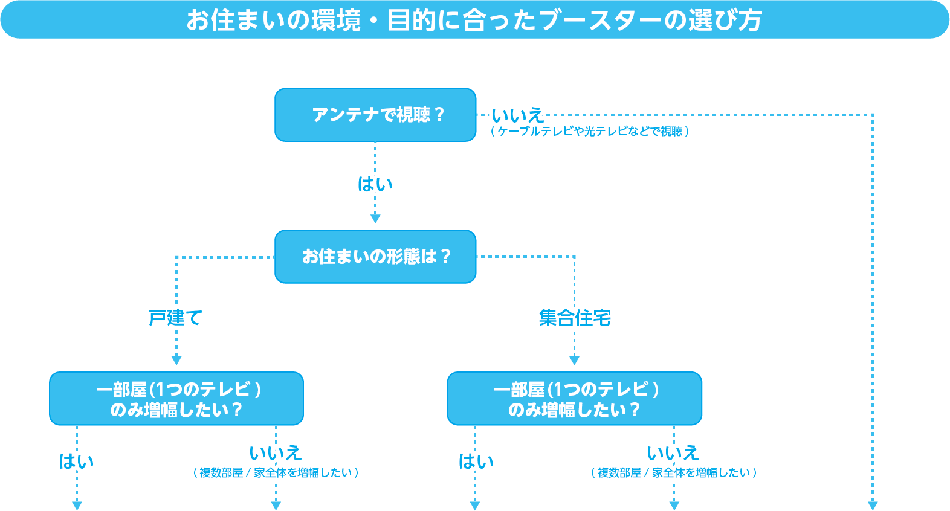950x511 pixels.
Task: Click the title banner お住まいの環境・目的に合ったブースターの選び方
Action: coord(474,20)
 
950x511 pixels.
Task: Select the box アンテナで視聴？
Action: coord(375,115)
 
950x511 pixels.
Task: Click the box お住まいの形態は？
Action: coord(375,257)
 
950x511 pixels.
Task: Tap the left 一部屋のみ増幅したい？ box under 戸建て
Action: coord(176,399)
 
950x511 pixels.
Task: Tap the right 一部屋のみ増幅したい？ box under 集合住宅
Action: coord(574,399)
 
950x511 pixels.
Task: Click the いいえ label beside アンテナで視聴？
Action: coord(517,115)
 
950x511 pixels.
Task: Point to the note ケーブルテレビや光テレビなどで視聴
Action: coord(589,131)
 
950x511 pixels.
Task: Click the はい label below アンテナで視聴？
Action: coord(375,184)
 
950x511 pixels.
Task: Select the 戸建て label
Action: coord(175,317)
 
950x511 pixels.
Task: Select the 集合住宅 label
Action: coord(575,317)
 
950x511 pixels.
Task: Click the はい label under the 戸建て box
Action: coord(77,461)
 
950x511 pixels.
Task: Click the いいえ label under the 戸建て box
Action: coord(276,452)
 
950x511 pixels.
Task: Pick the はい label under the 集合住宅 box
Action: coord(476,461)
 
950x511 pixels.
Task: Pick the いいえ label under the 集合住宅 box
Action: coord(673,452)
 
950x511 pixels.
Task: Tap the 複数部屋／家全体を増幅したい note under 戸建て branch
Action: coord(276,472)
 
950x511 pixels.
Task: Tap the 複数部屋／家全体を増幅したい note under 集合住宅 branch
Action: coord(673,472)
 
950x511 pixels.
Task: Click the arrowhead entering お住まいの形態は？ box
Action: coord(375,219)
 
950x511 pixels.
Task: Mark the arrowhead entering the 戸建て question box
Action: coord(176,361)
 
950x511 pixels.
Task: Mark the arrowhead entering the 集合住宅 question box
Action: coord(574,361)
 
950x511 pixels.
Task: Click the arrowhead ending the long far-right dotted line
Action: coord(873,505)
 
